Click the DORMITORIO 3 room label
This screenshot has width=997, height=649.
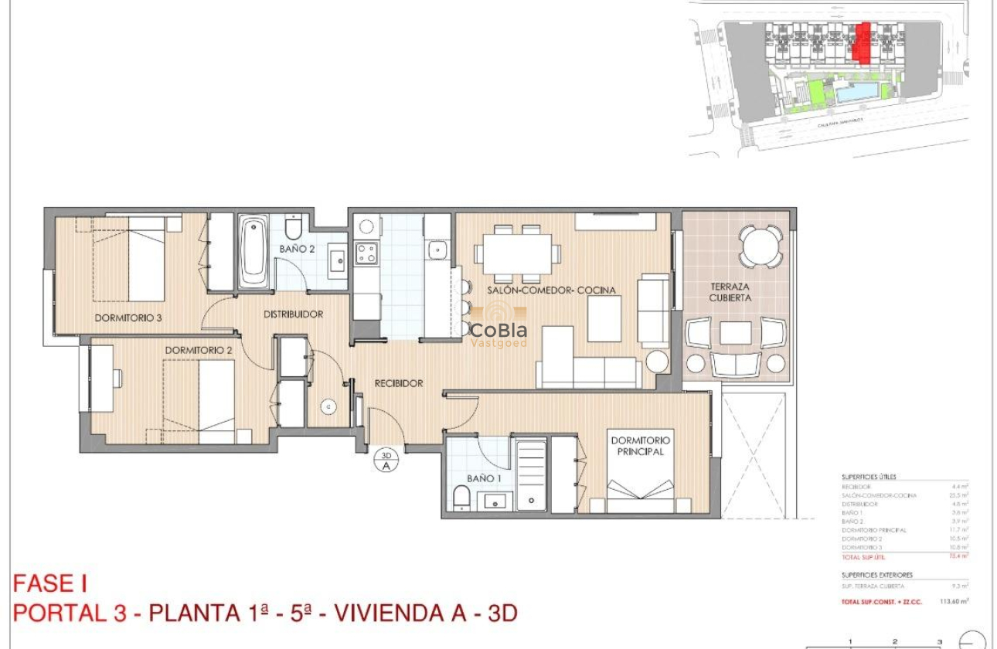tap(128, 317)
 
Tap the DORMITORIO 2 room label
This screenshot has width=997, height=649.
tap(199, 350)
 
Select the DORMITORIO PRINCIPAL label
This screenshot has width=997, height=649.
tap(641, 446)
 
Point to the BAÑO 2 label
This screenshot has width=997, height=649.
tap(297, 250)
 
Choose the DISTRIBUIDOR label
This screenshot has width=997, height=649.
tap(293, 314)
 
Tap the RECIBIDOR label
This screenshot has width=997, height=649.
tap(399, 383)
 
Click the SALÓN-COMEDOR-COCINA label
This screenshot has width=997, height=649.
tap(551, 291)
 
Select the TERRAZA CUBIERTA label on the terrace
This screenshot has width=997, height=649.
tap(730, 292)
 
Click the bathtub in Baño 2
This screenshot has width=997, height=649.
tap(254, 253)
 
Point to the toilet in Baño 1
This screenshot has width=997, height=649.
tap(461, 498)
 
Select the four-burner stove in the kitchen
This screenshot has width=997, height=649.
tap(366, 253)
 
